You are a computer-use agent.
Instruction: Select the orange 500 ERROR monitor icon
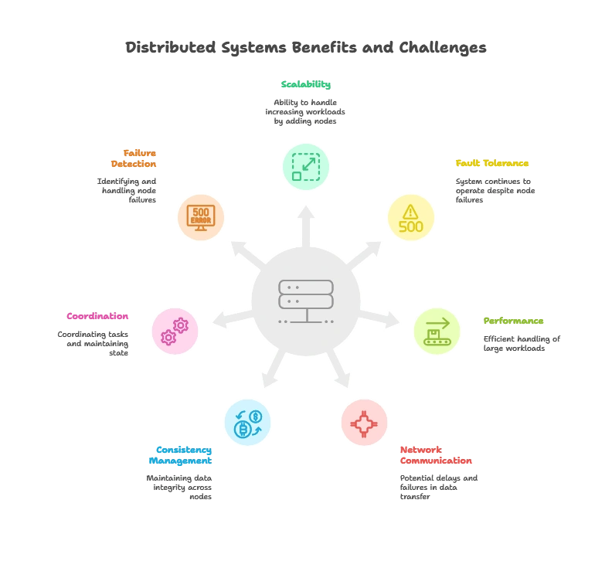tap(201, 216)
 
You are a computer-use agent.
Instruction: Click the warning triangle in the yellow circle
tap(410, 211)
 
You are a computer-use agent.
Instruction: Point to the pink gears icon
tap(175, 331)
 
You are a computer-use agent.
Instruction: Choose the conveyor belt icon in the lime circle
tap(437, 331)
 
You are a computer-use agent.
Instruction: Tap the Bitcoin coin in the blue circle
tap(242, 428)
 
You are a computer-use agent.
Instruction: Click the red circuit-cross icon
tap(364, 423)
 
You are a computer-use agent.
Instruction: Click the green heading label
tap(306, 86)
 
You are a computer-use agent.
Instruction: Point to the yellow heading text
tap(491, 163)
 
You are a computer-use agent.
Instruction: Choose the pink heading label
tap(97, 316)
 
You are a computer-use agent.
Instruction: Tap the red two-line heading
tap(436, 456)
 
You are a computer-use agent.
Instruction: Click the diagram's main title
tap(306, 48)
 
